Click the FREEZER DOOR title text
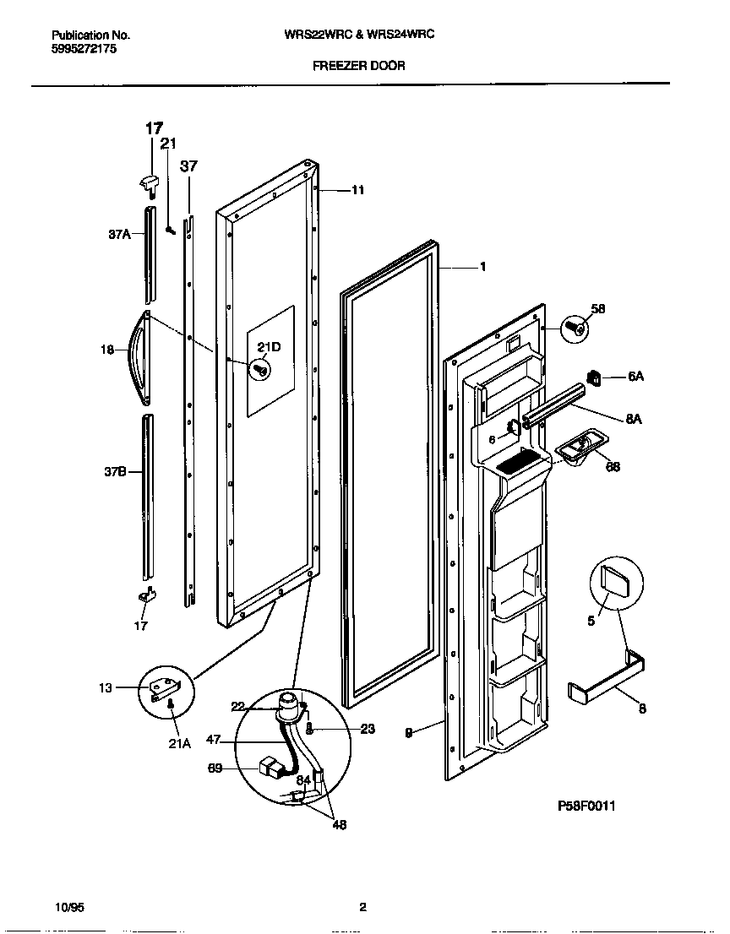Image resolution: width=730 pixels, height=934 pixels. [x=358, y=66]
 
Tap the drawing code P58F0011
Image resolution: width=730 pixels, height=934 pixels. [x=586, y=806]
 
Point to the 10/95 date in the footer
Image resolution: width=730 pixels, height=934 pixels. [x=68, y=908]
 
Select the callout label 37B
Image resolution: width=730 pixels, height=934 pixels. [x=116, y=473]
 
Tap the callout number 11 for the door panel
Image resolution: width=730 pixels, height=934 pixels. [x=357, y=191]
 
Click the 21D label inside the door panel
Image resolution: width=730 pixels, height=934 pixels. [x=269, y=348]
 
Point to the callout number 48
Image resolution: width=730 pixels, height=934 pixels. [x=339, y=825]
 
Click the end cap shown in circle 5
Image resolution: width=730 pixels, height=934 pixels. [x=614, y=581]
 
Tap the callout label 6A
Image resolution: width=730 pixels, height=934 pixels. [x=635, y=377]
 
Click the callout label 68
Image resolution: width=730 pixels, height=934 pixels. [x=613, y=466]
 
